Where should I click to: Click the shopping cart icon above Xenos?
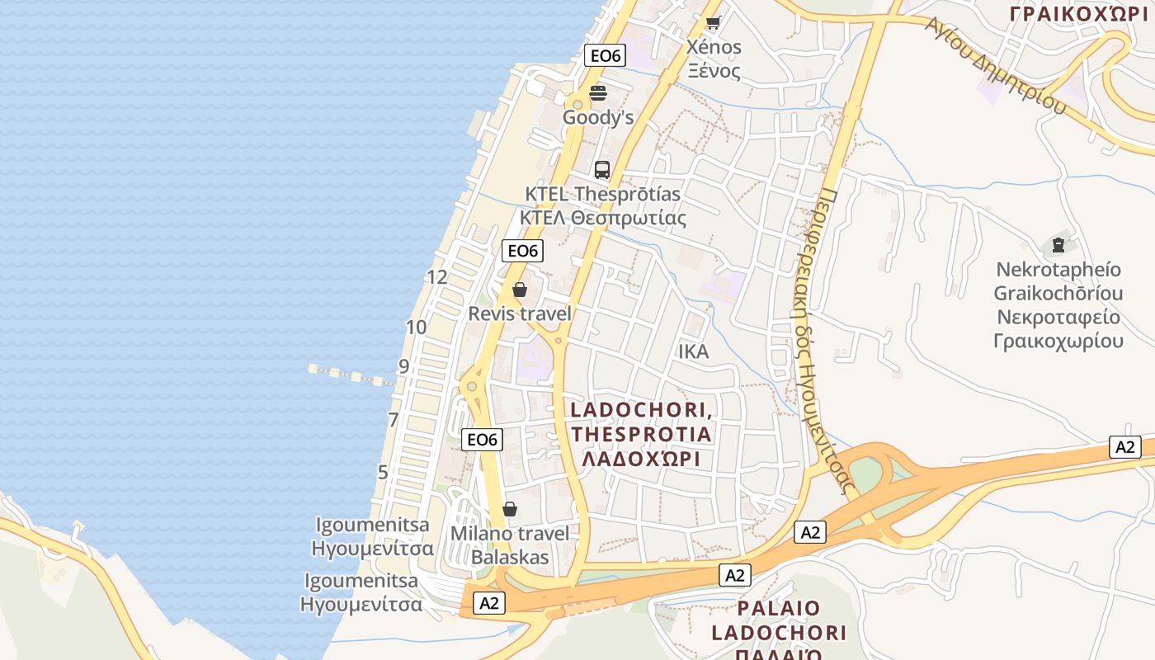pyautogui.click(x=713, y=23)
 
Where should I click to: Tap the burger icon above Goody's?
pyautogui.click(x=598, y=92)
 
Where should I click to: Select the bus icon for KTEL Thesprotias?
pyautogui.click(x=602, y=170)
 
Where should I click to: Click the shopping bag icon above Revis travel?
pyautogui.click(x=520, y=290)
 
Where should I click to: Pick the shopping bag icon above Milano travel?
pyautogui.click(x=510, y=509)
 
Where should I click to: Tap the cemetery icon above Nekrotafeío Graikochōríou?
pyautogui.click(x=1058, y=244)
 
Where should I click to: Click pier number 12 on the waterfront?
pyautogui.click(x=437, y=277)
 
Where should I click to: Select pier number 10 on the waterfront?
pyautogui.click(x=417, y=328)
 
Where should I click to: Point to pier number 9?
pyautogui.click(x=403, y=366)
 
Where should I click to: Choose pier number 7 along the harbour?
pyautogui.click(x=394, y=420)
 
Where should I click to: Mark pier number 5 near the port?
pyautogui.click(x=383, y=473)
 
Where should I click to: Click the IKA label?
pyautogui.click(x=693, y=351)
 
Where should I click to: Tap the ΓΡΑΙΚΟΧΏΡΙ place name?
pyautogui.click(x=1078, y=13)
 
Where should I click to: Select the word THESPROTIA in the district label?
pyautogui.click(x=640, y=434)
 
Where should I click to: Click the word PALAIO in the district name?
pyautogui.click(x=780, y=609)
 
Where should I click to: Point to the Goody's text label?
pyautogui.click(x=598, y=117)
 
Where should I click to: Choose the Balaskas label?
pyautogui.click(x=510, y=557)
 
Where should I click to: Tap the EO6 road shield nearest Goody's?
pyautogui.click(x=606, y=56)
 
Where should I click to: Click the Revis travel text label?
pyautogui.click(x=520, y=313)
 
